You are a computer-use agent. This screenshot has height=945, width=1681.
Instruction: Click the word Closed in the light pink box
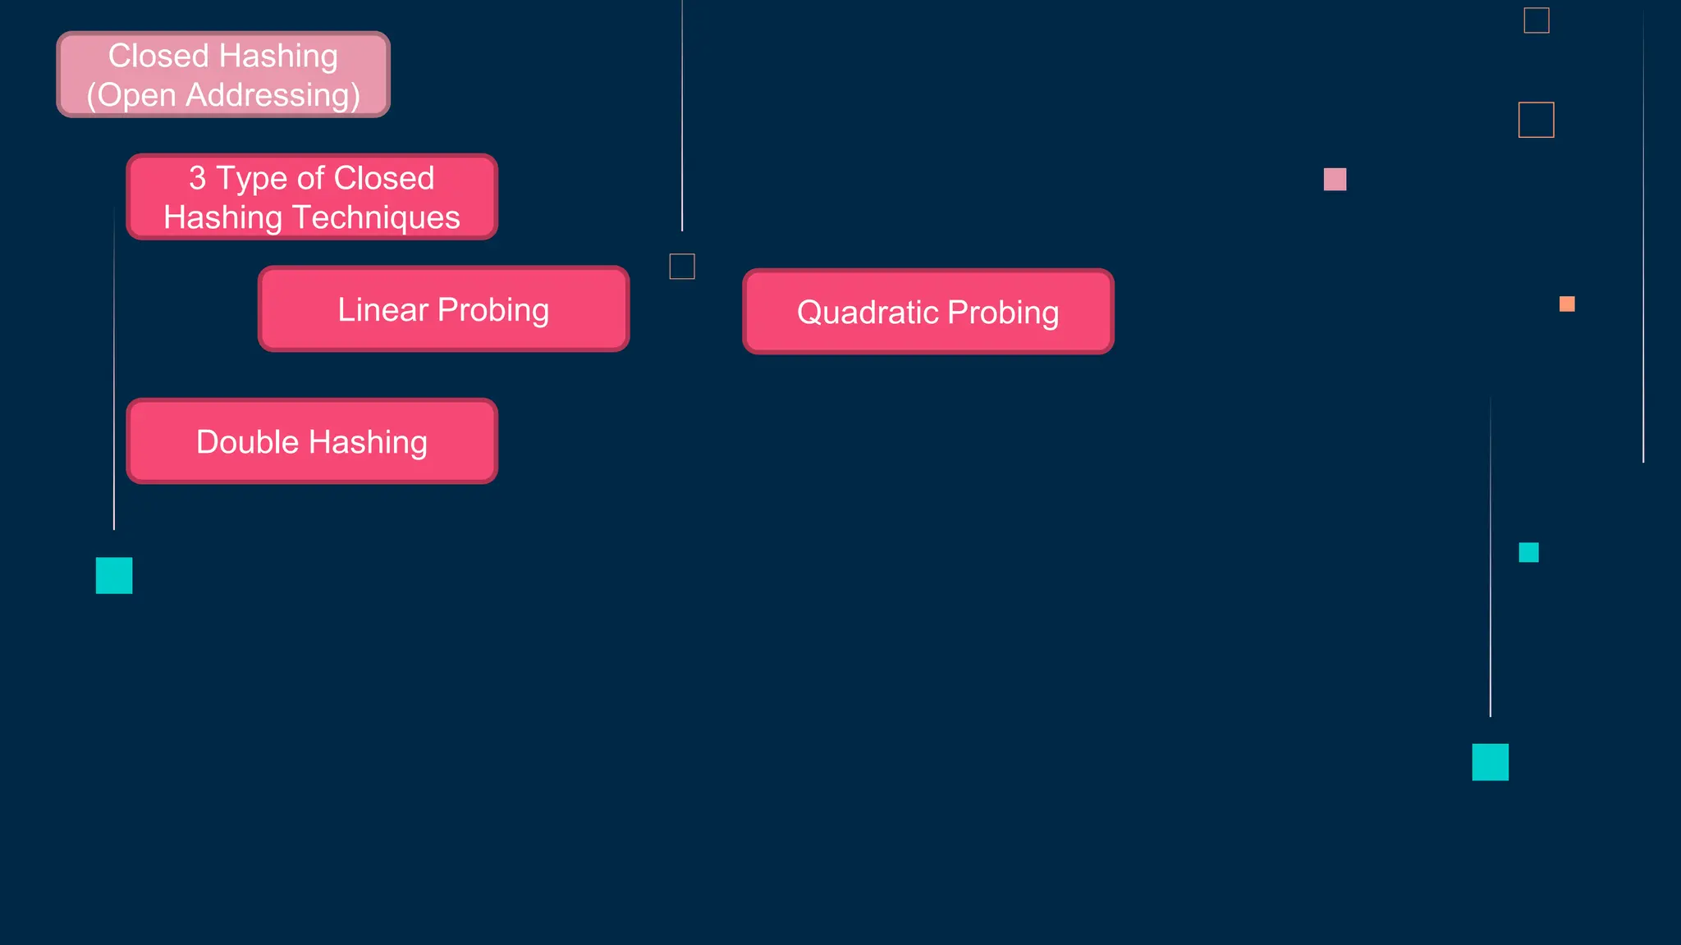click(x=158, y=57)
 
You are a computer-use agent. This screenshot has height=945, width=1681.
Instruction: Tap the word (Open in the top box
click(x=131, y=95)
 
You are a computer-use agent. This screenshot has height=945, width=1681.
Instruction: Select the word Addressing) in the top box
click(x=273, y=95)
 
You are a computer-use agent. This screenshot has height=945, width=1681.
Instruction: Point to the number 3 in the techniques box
click(x=197, y=179)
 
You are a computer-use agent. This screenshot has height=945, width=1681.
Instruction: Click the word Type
click(x=251, y=179)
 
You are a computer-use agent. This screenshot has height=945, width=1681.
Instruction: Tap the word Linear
click(x=382, y=310)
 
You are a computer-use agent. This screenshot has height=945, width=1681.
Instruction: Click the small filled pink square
click(x=1335, y=179)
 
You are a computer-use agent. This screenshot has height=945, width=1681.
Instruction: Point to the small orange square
click(x=1566, y=304)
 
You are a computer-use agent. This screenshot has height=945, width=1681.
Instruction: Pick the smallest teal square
click(x=1528, y=552)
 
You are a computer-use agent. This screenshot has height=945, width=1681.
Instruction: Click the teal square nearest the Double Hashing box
click(x=114, y=575)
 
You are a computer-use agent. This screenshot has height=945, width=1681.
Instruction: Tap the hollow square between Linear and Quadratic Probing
click(x=682, y=266)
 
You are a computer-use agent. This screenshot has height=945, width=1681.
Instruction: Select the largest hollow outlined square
click(x=1536, y=120)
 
